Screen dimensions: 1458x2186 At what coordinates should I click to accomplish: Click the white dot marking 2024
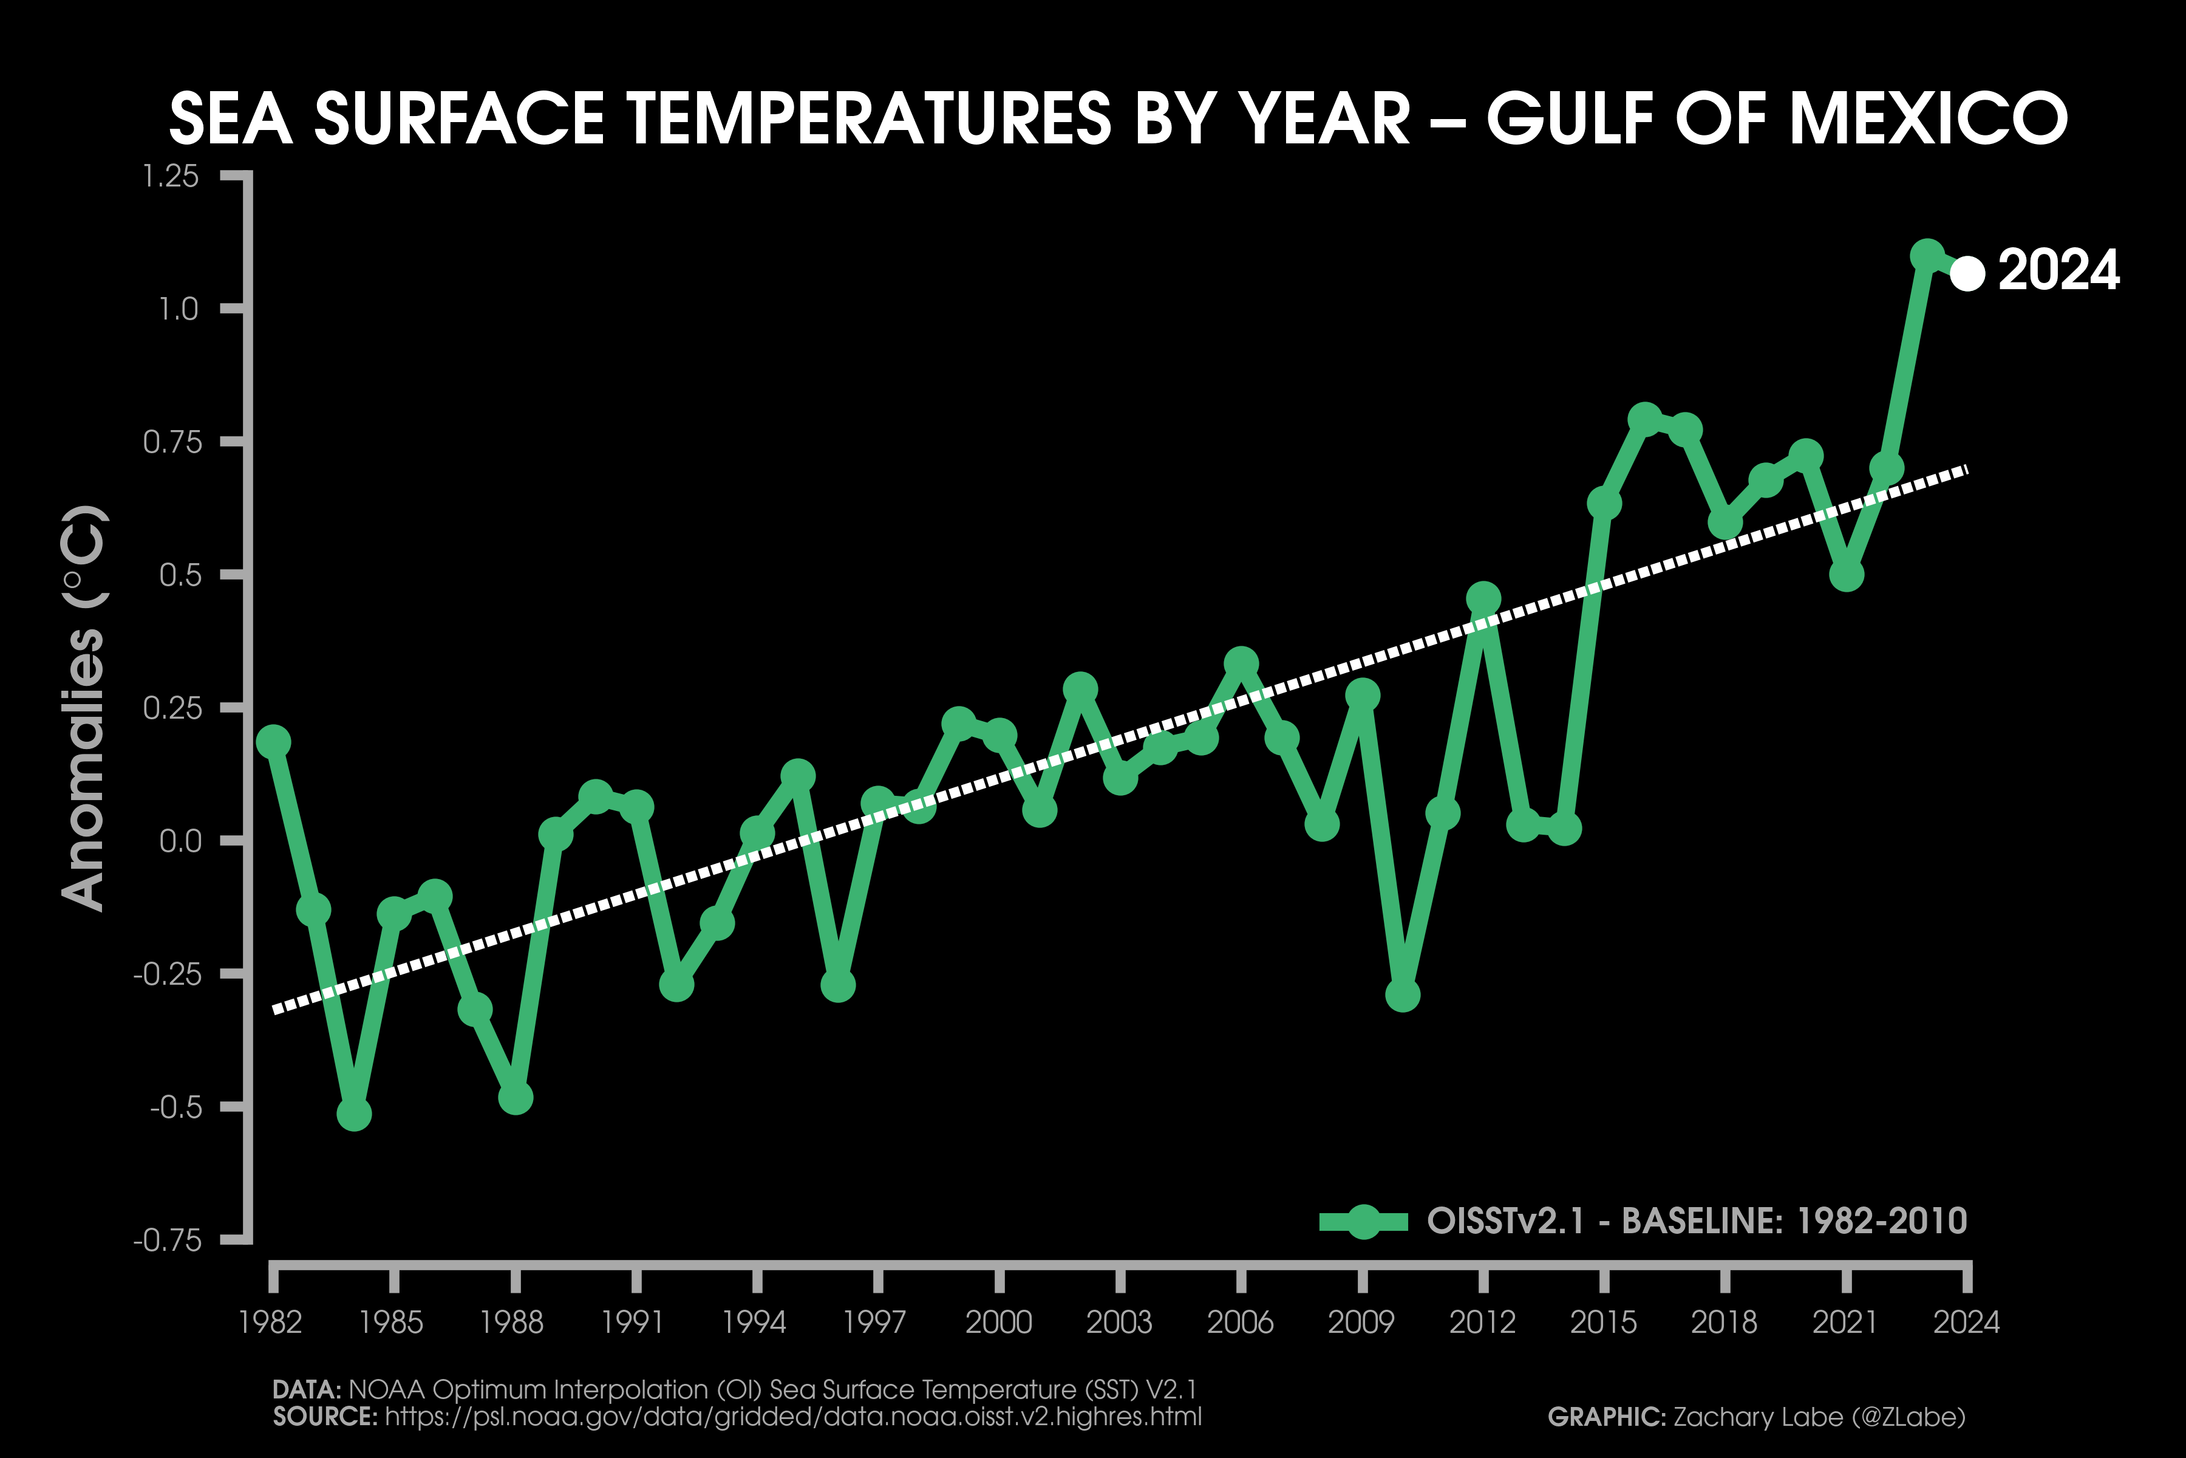tap(1967, 273)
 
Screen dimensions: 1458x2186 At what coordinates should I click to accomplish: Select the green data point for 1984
tap(354, 1113)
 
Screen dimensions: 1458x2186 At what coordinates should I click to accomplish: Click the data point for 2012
tap(1483, 599)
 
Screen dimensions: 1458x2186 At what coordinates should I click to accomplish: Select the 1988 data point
tap(515, 1097)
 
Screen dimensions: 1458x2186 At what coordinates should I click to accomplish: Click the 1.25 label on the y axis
tap(171, 176)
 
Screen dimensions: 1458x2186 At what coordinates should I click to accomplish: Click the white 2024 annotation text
tap(2058, 270)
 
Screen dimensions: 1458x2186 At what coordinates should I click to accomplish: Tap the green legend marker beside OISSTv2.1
tap(1363, 1221)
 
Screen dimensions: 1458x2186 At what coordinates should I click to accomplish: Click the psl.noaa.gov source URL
tap(792, 1417)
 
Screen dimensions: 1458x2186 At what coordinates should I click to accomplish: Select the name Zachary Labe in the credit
tap(1757, 1417)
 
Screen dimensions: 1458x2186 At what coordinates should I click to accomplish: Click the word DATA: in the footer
tap(307, 1389)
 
